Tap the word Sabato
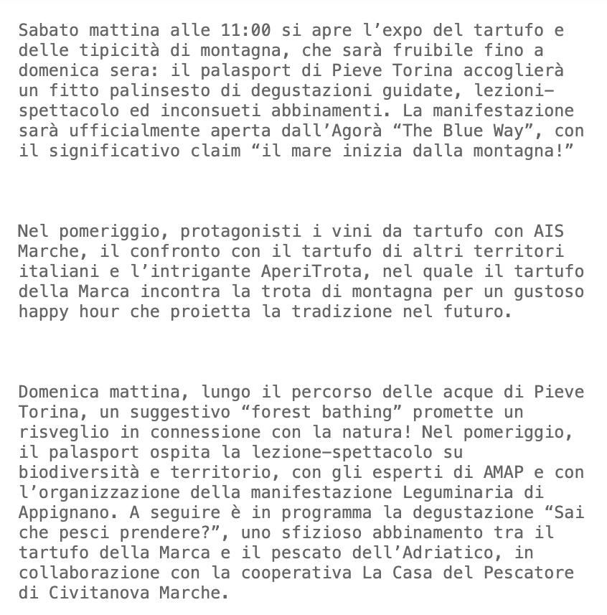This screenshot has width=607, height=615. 48,31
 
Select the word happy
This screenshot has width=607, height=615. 43,311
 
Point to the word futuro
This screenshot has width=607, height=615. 483,311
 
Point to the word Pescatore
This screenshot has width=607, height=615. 529,573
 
